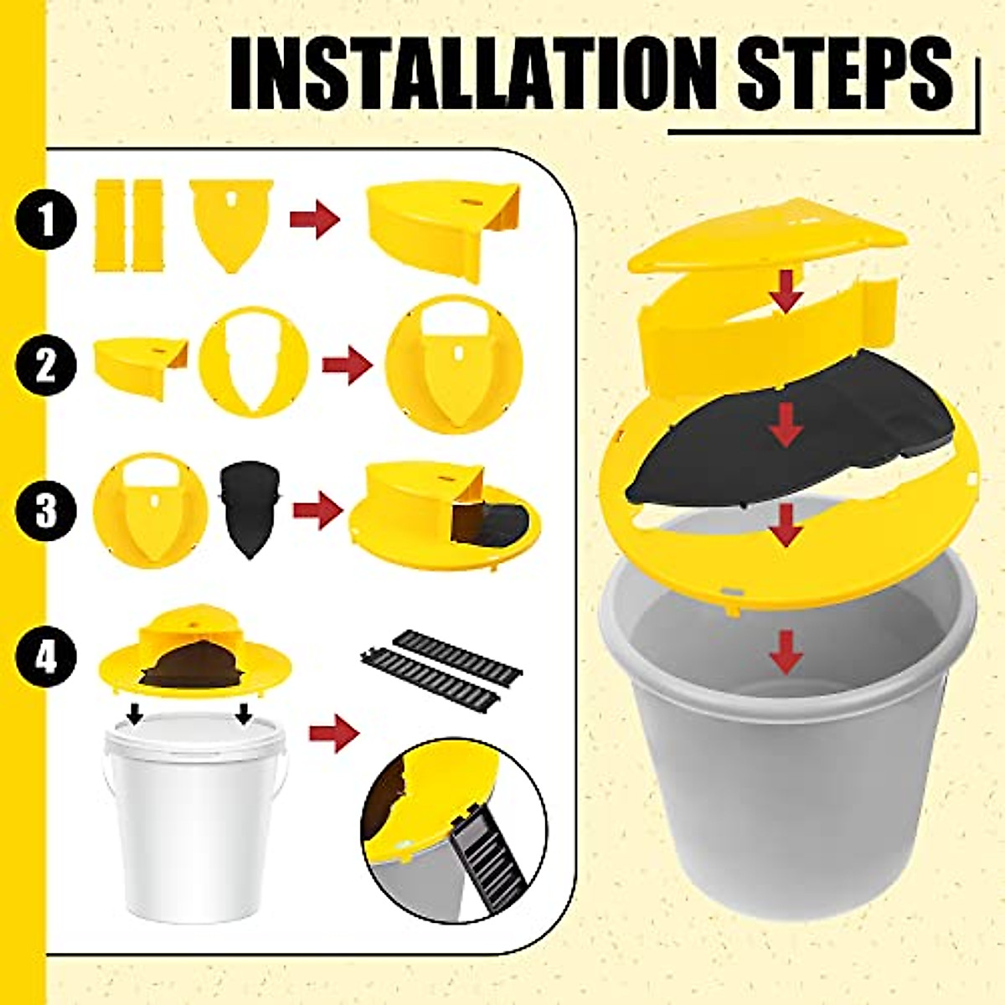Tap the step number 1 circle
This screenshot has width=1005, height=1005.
coord(46,220)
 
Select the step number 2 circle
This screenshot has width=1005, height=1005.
coord(46,365)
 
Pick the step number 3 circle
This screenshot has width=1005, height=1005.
coord(46,510)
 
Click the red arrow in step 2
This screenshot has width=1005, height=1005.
coord(347,367)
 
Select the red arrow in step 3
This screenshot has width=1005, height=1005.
coord(317,511)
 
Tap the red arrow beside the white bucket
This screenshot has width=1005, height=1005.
coord(333,734)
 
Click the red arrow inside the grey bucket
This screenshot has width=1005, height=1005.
coord(785,652)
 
